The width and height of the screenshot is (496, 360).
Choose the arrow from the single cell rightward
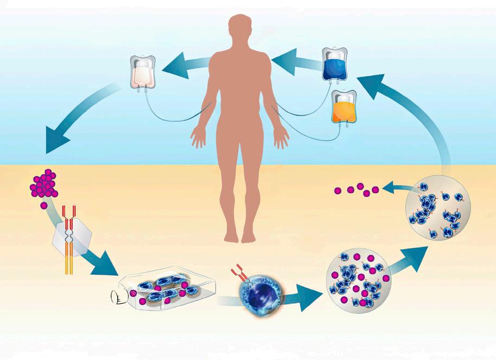point(301,296)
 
